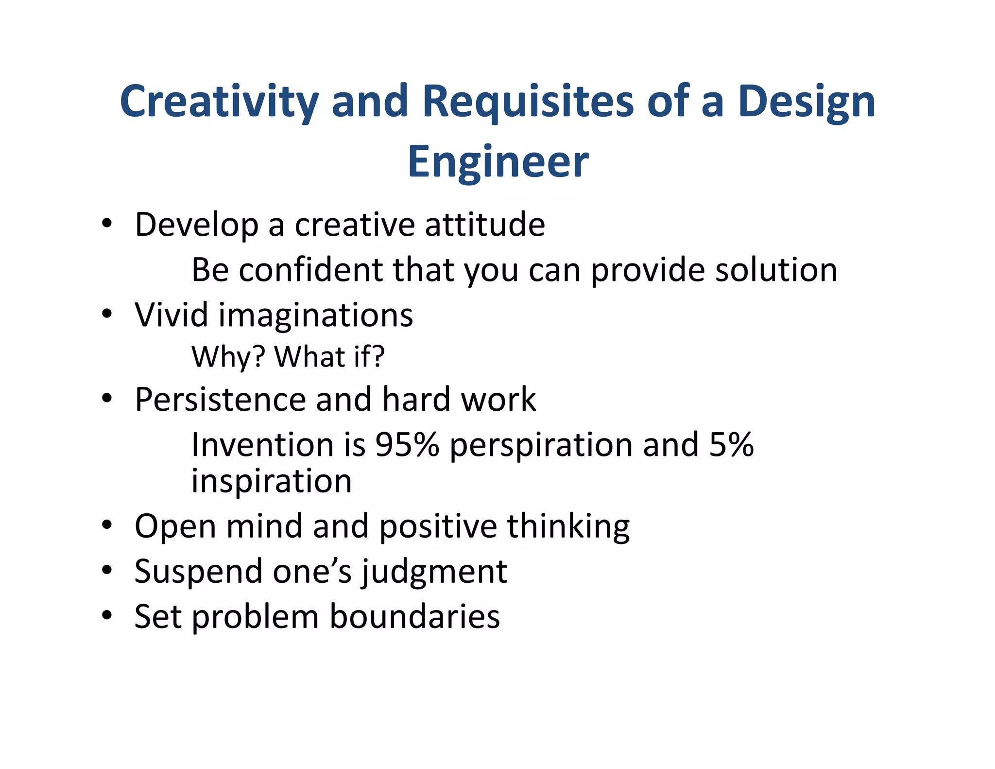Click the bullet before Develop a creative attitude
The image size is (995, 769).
(x=107, y=224)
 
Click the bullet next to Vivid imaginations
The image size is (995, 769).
(x=107, y=314)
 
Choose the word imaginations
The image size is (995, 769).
(x=316, y=315)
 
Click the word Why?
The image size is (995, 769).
(x=228, y=356)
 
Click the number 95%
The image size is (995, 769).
(x=407, y=444)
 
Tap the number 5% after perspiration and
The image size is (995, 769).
(x=731, y=444)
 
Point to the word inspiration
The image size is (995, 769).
(x=272, y=481)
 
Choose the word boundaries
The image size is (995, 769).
(x=414, y=616)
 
